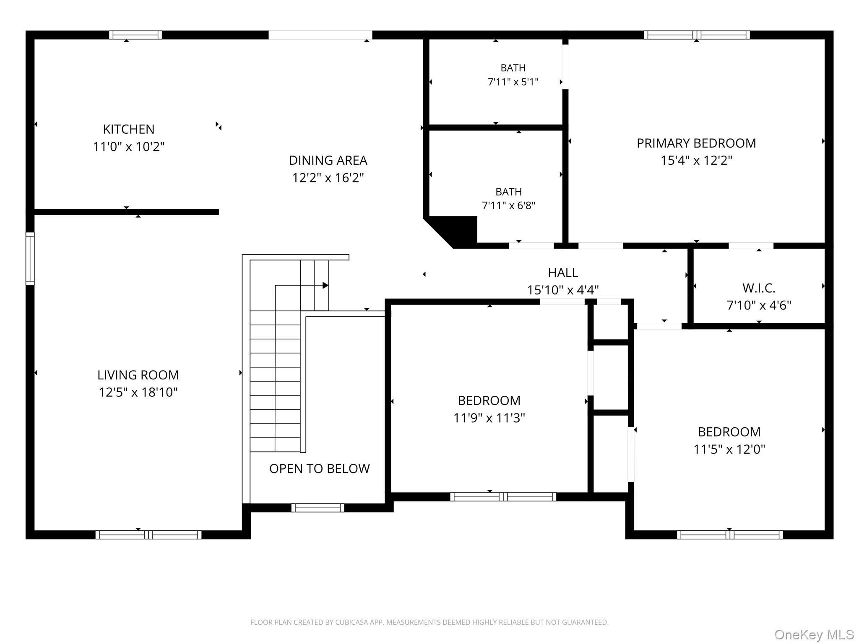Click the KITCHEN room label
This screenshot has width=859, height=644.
(x=129, y=129)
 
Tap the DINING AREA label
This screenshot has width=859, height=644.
(x=328, y=160)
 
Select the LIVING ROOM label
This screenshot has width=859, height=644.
(x=138, y=375)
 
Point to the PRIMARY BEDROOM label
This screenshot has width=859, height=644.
(x=696, y=143)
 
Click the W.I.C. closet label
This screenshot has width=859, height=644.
(x=759, y=288)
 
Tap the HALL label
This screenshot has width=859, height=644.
(x=563, y=273)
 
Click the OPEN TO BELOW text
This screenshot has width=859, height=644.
(x=320, y=468)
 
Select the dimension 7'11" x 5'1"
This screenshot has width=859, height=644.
(x=513, y=82)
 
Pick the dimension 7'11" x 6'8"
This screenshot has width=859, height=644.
(x=509, y=205)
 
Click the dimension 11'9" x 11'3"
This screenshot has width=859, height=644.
(x=489, y=418)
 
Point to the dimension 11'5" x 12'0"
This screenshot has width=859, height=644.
(x=729, y=449)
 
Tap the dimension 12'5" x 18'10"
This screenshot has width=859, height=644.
(x=138, y=392)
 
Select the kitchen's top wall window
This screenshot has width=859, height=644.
(x=135, y=35)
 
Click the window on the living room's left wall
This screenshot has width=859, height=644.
(x=30, y=259)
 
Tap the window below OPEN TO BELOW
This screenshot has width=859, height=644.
(x=318, y=508)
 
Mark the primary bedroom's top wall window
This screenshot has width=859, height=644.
(x=697, y=35)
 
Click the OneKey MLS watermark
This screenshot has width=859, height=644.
(x=814, y=635)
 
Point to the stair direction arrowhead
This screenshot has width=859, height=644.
(x=325, y=286)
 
